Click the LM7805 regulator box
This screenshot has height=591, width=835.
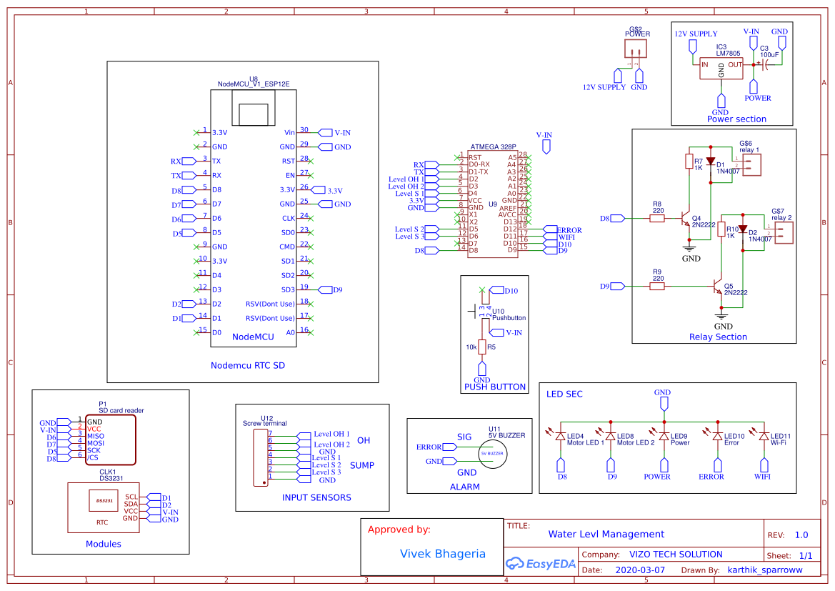721,69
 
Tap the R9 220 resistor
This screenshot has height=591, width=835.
656,287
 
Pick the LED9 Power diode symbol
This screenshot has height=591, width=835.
664,437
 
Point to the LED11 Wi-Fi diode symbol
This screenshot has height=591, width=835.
764,437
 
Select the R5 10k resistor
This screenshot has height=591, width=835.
482,347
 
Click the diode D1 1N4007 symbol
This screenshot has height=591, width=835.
711,163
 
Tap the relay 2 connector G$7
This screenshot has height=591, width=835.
784,232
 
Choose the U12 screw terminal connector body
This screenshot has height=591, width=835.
259,457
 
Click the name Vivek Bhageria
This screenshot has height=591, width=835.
442,554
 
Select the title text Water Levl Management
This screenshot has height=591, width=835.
606,534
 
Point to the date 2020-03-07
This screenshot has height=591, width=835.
639,570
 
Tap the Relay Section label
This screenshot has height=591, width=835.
718,337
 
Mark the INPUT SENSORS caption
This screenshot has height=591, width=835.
316,497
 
